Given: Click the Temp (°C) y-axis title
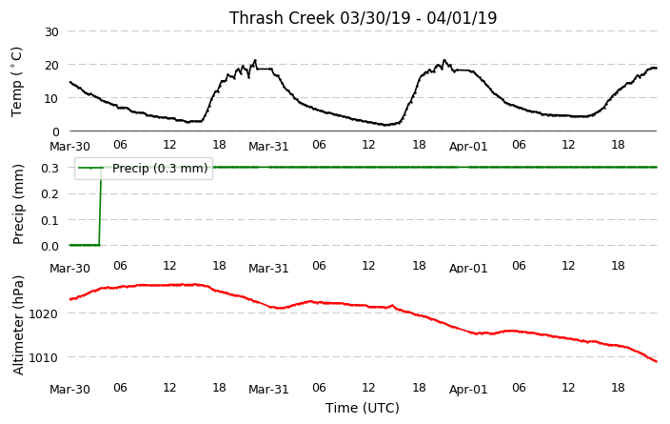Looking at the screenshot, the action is click(16, 81).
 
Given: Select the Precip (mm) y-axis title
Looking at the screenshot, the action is click(17, 205).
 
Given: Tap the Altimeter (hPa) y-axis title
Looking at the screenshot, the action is click(17, 325).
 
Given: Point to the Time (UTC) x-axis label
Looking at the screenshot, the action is click(363, 408).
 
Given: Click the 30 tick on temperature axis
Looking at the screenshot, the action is click(51, 31).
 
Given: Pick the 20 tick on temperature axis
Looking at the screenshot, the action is click(51, 65).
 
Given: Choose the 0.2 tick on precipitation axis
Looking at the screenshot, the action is click(50, 193).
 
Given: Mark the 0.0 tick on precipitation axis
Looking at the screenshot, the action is click(50, 246).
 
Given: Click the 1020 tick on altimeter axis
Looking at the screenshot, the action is click(44, 313).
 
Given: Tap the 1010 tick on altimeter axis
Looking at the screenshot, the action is click(44, 357).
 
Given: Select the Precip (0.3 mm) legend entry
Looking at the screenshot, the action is click(144, 168).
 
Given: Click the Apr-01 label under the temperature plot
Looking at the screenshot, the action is click(468, 147).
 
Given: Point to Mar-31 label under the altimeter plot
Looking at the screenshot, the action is click(268, 390).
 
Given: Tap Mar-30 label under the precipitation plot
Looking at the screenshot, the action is click(69, 269).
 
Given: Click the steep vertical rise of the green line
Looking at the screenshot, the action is click(101, 206).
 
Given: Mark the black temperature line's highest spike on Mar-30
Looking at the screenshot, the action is click(255, 60).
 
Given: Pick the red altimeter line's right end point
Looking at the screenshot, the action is click(657, 361).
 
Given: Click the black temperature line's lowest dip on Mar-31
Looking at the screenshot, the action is click(385, 125).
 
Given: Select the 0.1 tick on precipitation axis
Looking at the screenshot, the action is click(50, 220).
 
